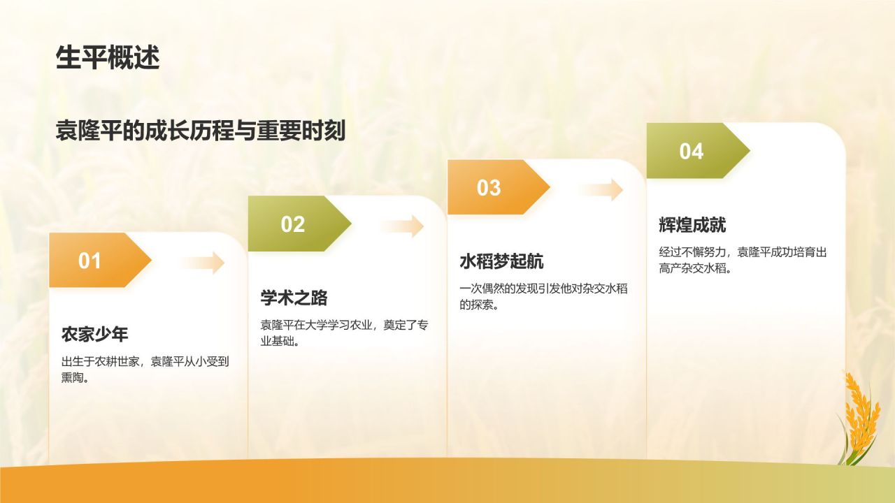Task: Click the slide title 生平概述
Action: (108, 57)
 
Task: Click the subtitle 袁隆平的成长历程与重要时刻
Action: (200, 131)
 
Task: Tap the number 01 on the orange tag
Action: (89, 261)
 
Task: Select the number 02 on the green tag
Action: (293, 224)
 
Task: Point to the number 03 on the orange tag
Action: (489, 188)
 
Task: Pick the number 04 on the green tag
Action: (692, 152)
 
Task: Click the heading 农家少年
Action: (94, 335)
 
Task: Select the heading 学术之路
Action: (294, 298)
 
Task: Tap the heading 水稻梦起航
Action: (501, 261)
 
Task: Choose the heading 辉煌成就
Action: (692, 225)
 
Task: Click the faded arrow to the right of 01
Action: (202, 263)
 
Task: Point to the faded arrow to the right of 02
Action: (401, 226)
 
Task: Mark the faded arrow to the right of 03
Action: (601, 190)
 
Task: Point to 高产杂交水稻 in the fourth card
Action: (692, 268)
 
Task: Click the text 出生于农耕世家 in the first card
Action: (100, 362)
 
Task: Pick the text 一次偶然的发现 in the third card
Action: (499, 289)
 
